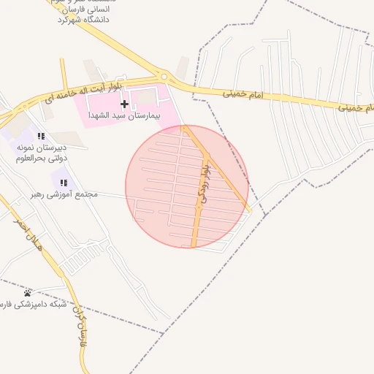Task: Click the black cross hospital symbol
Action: [x=124, y=104]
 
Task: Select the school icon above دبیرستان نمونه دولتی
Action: [x=41, y=136]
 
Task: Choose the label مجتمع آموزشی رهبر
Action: [x=64, y=195]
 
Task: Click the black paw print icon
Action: [x=28, y=293]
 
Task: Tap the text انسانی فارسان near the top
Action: [x=89, y=9]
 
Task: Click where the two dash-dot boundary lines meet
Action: [x=162, y=334]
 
